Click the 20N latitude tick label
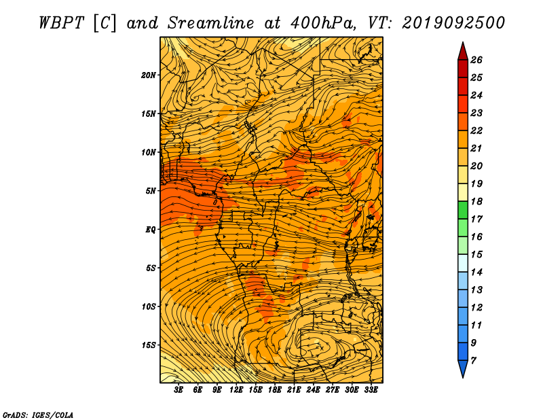point(149,75)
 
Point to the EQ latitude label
point(151,230)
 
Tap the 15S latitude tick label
point(149,345)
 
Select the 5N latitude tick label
point(151,191)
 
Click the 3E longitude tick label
point(179,390)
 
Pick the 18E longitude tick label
point(275,390)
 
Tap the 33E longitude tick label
point(371,390)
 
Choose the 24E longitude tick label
point(313,390)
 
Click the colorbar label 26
point(476,60)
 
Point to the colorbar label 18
point(476,201)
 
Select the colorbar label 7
point(473,361)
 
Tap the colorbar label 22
point(476,130)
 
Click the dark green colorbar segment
point(463,210)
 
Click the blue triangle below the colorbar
point(463,368)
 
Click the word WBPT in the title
point(61,23)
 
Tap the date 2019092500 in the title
point(453,23)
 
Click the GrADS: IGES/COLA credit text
point(38,415)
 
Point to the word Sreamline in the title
point(211,23)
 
